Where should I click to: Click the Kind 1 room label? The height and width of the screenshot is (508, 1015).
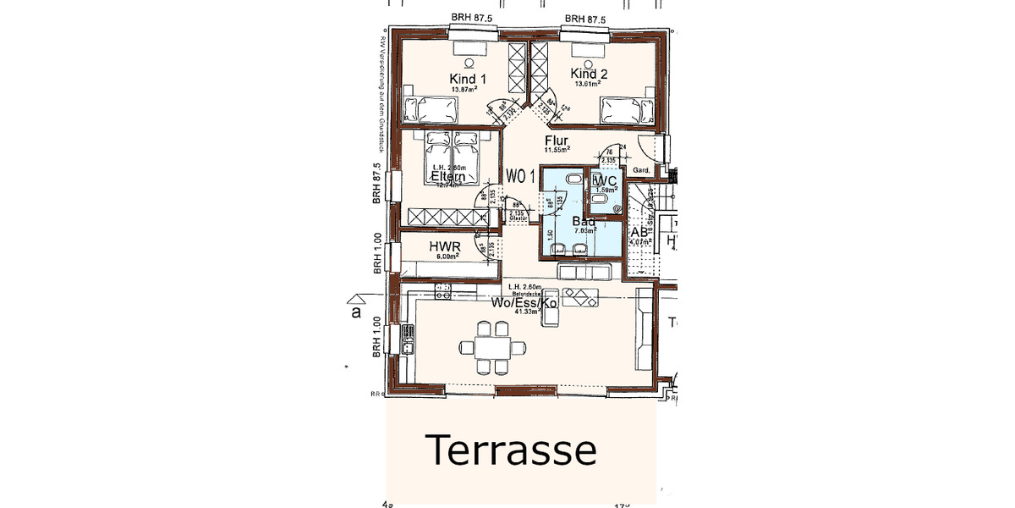(x=468, y=78)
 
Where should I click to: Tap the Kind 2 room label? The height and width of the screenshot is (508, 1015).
(x=589, y=74)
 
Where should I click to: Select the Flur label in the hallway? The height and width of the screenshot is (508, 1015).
(x=556, y=141)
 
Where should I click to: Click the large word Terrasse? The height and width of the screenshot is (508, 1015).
(x=511, y=450)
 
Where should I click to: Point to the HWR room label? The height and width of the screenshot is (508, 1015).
(x=444, y=246)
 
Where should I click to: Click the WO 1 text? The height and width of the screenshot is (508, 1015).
(x=521, y=176)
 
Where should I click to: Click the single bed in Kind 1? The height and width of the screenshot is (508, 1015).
(x=431, y=109)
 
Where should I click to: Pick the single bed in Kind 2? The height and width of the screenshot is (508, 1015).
(x=627, y=109)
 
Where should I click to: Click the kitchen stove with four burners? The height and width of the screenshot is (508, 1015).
(x=443, y=293)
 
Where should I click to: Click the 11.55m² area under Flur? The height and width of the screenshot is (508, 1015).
(x=557, y=150)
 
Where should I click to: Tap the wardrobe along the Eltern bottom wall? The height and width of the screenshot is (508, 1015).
(x=447, y=216)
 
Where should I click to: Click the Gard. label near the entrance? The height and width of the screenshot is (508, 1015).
(x=641, y=170)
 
